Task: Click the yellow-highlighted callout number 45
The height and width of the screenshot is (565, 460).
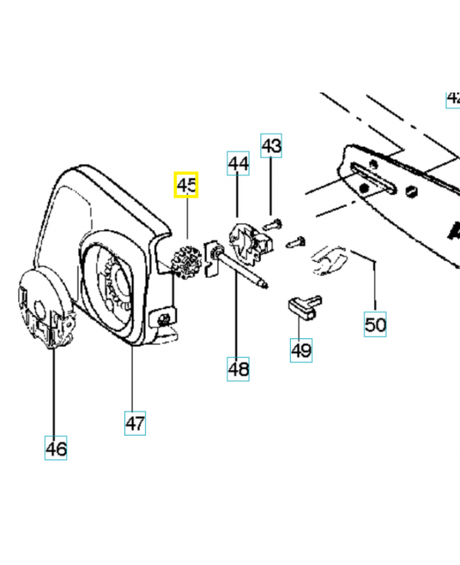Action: [187, 186]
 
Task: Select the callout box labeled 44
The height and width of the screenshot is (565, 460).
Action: [238, 164]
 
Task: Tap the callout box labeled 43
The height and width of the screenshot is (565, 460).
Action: [272, 146]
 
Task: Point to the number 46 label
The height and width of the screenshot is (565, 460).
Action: [56, 448]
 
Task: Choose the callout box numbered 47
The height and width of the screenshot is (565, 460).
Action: [135, 423]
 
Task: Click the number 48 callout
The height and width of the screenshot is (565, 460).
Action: [238, 369]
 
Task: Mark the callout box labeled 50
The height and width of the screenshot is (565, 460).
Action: [375, 325]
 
